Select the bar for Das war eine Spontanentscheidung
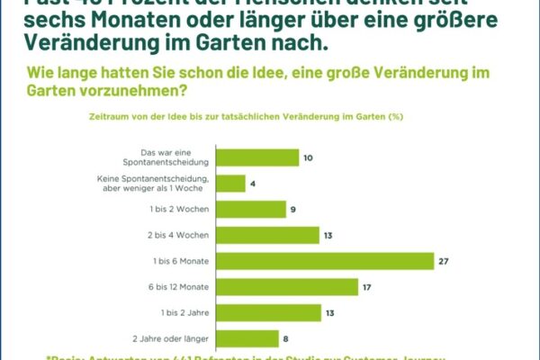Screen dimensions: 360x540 (x=259, y=157)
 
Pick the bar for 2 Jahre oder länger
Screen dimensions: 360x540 (x=249, y=338)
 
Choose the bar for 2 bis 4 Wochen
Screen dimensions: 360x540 (x=269, y=235)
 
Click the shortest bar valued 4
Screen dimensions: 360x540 (x=232, y=184)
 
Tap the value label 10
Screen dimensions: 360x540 (x=308, y=157)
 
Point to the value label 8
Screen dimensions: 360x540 (x=287, y=338)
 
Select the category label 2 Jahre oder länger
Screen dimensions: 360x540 (x=171, y=338)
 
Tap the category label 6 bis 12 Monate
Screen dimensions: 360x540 (x=180, y=287)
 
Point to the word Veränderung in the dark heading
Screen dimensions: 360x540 (x=83, y=42)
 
